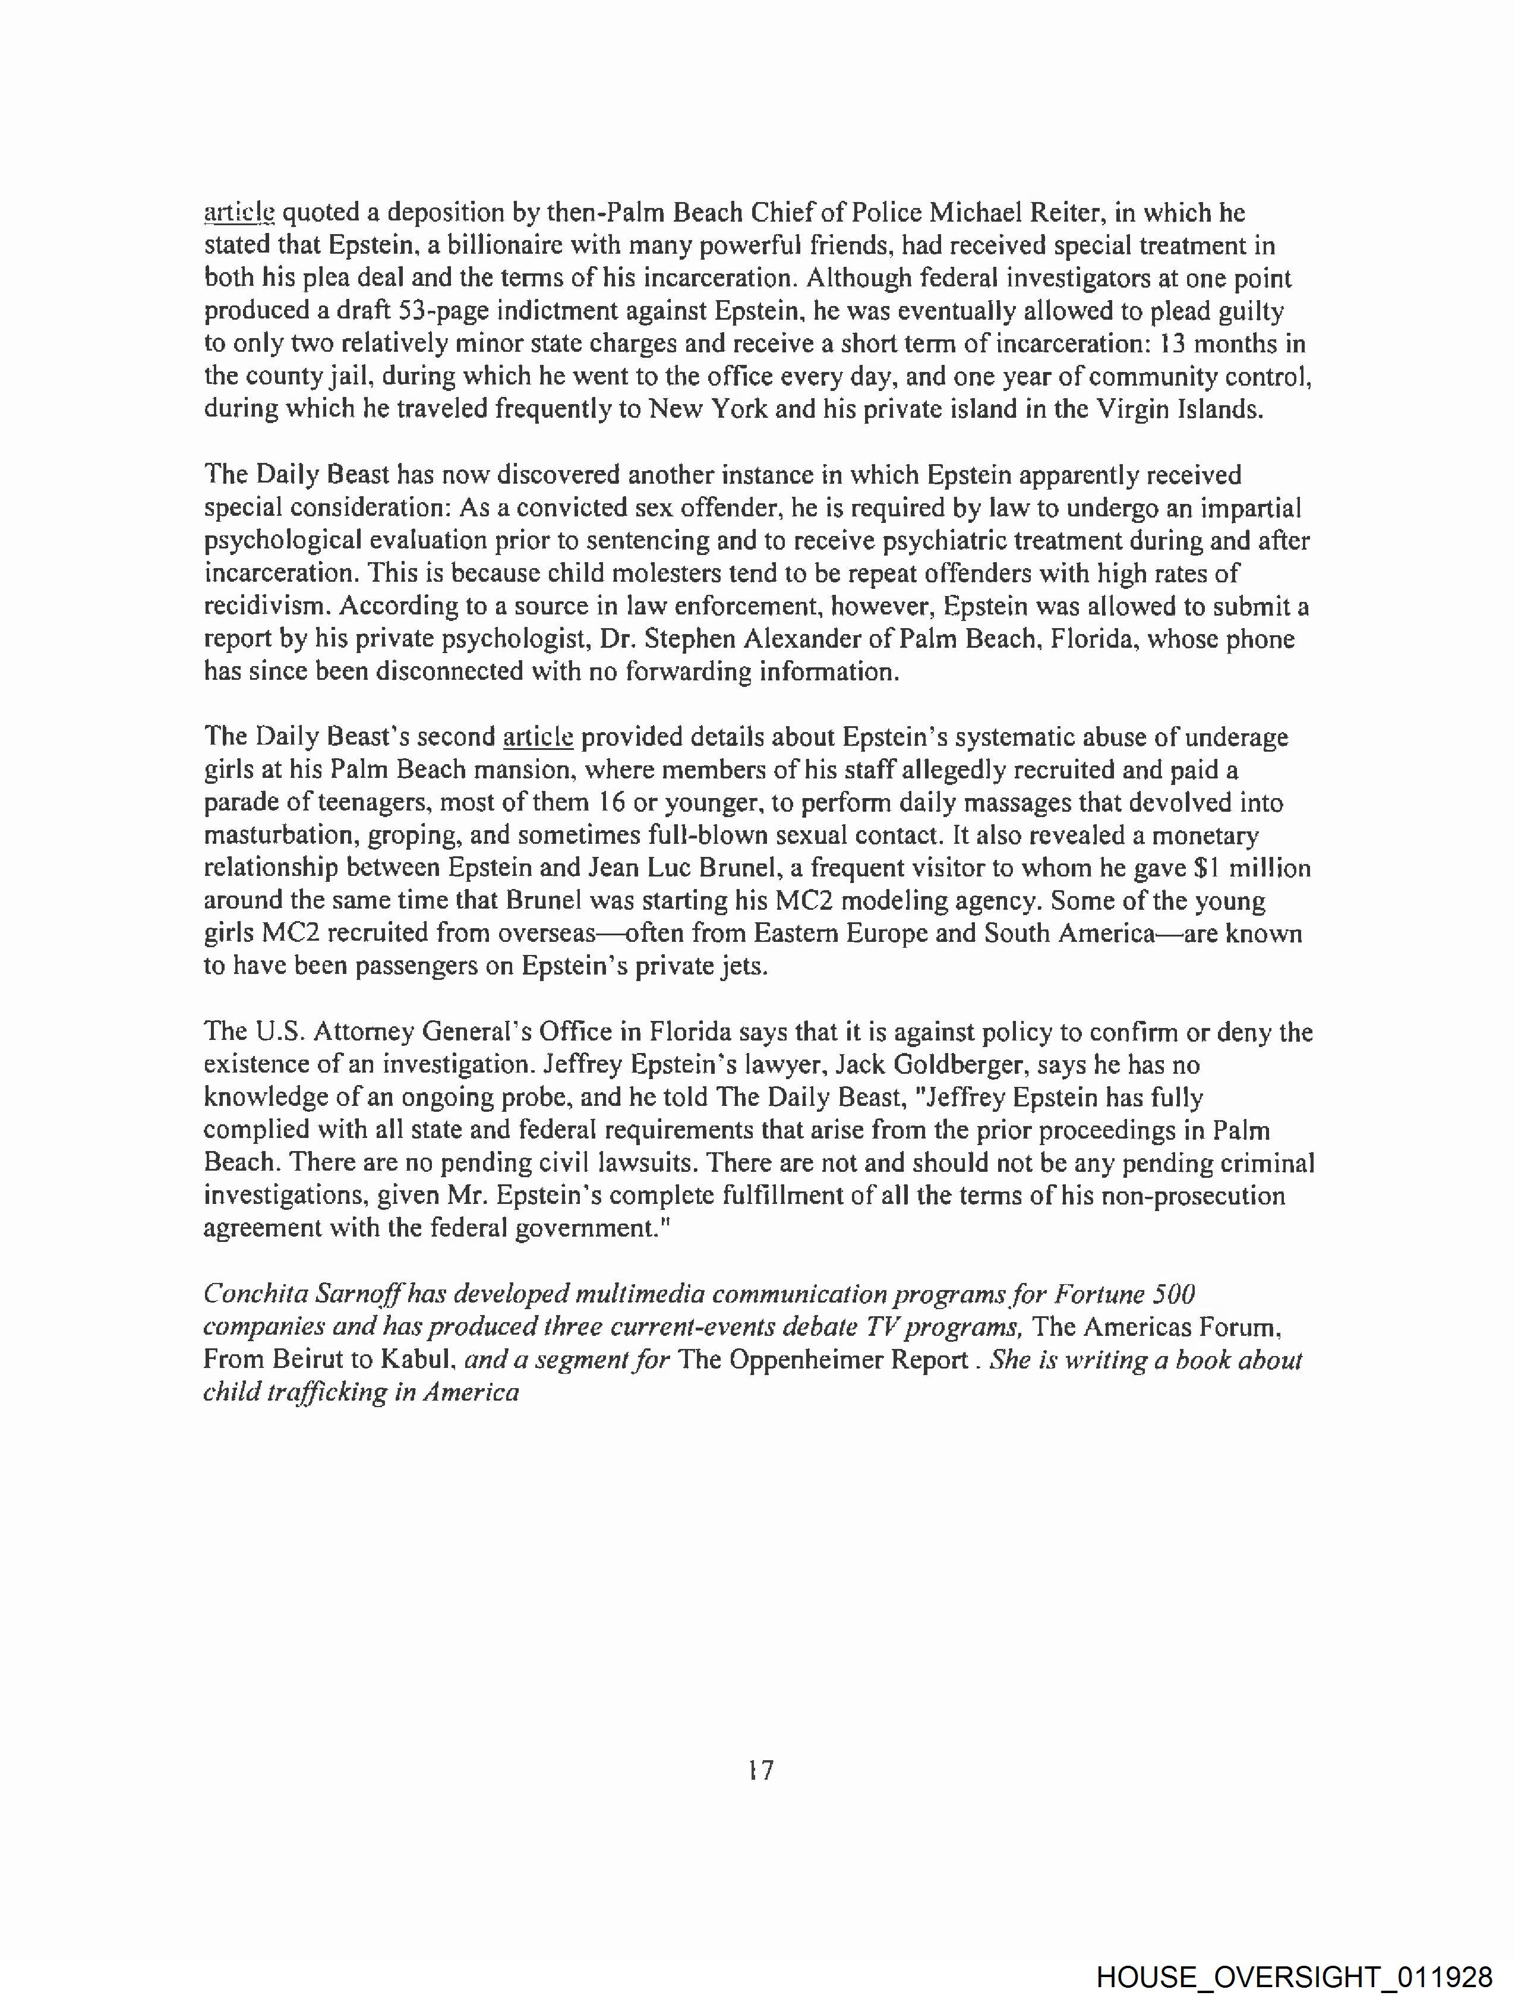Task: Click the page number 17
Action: click(x=761, y=1770)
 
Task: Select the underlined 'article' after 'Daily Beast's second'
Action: click(x=538, y=737)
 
